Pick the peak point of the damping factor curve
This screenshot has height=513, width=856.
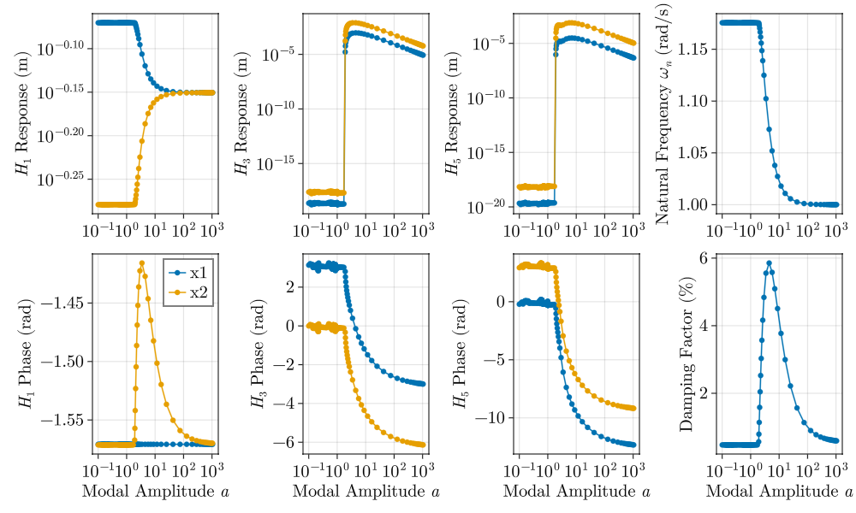770,263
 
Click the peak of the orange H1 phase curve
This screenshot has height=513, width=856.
142,262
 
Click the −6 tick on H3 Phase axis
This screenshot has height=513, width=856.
284,442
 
